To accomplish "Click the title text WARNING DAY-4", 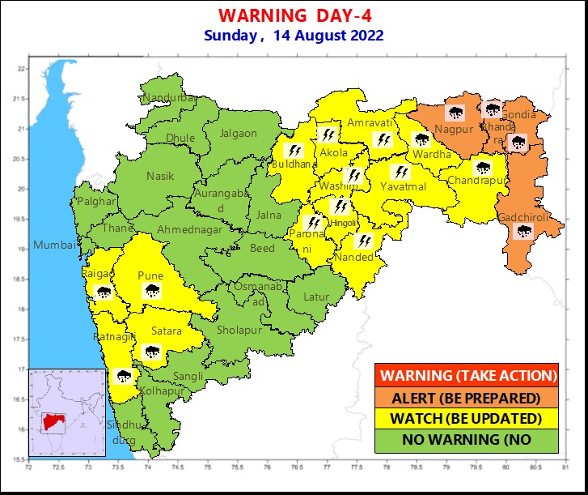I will click(294, 16).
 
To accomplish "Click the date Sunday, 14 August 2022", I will click(294, 36).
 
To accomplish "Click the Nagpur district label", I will click(454, 130).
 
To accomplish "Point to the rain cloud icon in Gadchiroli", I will click(524, 233).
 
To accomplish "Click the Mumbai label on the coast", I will click(53, 245).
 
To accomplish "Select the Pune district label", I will click(150, 275).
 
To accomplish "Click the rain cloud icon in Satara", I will click(151, 351).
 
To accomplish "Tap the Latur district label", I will click(316, 297).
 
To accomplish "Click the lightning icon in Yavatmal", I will click(400, 172).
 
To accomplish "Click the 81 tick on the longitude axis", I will click(565, 467).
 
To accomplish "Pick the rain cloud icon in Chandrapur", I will click(484, 169).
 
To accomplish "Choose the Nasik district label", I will click(159, 176).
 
